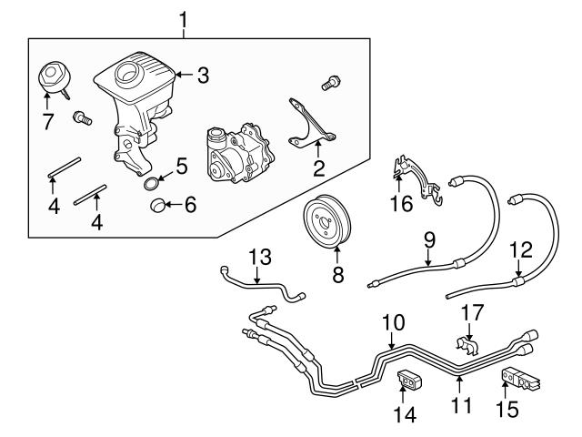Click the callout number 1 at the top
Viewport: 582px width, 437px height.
tap(185, 16)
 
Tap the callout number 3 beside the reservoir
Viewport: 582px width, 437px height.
tap(203, 76)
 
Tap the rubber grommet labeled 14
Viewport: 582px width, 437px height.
tap(407, 378)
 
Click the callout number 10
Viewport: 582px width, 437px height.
tap(392, 322)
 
